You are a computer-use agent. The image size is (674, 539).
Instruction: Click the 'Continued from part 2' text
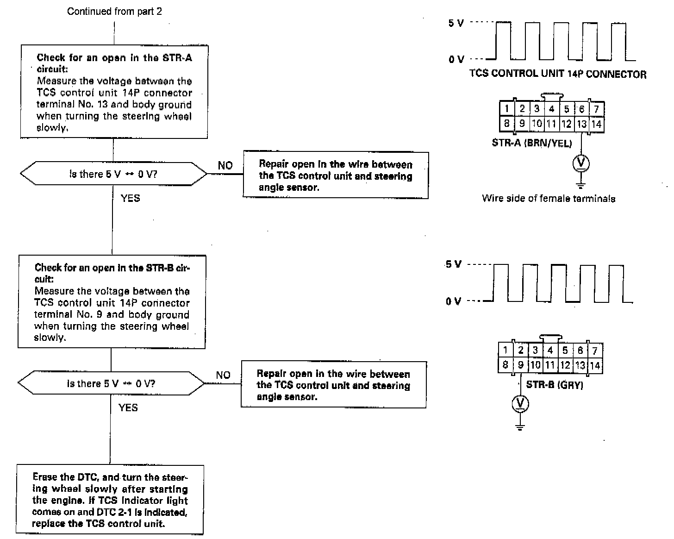click(114, 12)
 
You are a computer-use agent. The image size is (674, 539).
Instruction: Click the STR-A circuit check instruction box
click(114, 92)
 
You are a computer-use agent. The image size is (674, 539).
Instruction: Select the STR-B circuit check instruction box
click(112, 301)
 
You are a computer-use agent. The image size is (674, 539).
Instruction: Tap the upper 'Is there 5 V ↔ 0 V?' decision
click(114, 174)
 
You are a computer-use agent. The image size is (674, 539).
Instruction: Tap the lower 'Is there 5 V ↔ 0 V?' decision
click(111, 383)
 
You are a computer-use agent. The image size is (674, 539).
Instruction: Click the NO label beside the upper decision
click(225, 165)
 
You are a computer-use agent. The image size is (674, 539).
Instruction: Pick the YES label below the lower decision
click(128, 407)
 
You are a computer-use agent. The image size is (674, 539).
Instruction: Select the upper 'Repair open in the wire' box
click(336, 175)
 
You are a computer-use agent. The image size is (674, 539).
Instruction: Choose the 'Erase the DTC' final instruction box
click(110, 500)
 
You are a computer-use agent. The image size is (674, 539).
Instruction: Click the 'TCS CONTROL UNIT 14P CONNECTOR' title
click(558, 74)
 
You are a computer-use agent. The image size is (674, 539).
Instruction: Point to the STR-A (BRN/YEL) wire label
click(531, 143)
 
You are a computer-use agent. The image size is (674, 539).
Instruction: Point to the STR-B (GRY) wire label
click(554, 385)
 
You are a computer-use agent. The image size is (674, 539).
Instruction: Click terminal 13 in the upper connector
click(581, 124)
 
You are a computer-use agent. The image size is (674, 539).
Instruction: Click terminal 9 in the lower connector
click(520, 365)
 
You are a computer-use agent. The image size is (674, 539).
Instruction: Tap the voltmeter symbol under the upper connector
click(581, 163)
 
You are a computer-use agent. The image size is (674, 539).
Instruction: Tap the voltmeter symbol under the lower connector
click(520, 404)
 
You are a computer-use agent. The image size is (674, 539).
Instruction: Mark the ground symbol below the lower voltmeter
click(520, 426)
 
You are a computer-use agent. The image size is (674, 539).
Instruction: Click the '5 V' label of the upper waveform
click(456, 23)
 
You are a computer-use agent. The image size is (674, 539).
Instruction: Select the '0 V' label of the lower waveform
click(454, 301)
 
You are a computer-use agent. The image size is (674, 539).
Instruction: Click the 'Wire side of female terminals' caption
click(549, 199)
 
